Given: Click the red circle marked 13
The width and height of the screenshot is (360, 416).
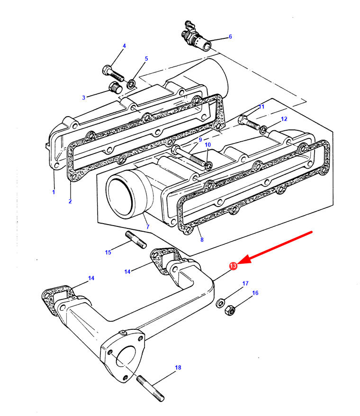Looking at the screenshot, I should [x=233, y=266].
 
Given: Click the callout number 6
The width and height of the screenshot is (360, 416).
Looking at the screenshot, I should [x=230, y=36].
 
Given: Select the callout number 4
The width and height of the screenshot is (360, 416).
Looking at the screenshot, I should [x=124, y=46].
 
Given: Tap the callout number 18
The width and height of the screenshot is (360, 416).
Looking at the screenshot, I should [x=178, y=367].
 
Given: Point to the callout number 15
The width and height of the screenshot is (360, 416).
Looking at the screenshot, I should [x=108, y=252].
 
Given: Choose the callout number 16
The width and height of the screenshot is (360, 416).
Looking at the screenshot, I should [x=255, y=293].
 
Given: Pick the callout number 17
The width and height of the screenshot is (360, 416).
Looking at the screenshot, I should [x=245, y=283].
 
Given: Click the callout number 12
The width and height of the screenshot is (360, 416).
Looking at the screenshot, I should [x=284, y=118].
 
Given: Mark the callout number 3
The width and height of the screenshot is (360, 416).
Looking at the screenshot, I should [x=83, y=98].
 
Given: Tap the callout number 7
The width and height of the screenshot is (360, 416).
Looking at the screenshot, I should [x=147, y=227].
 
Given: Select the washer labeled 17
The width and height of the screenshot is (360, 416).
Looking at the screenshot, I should [x=221, y=303].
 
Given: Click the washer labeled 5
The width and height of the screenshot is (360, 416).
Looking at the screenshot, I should [x=132, y=84].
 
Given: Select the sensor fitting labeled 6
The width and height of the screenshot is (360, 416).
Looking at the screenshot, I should [x=195, y=39].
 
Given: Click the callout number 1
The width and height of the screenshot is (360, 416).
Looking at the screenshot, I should [x=54, y=192].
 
